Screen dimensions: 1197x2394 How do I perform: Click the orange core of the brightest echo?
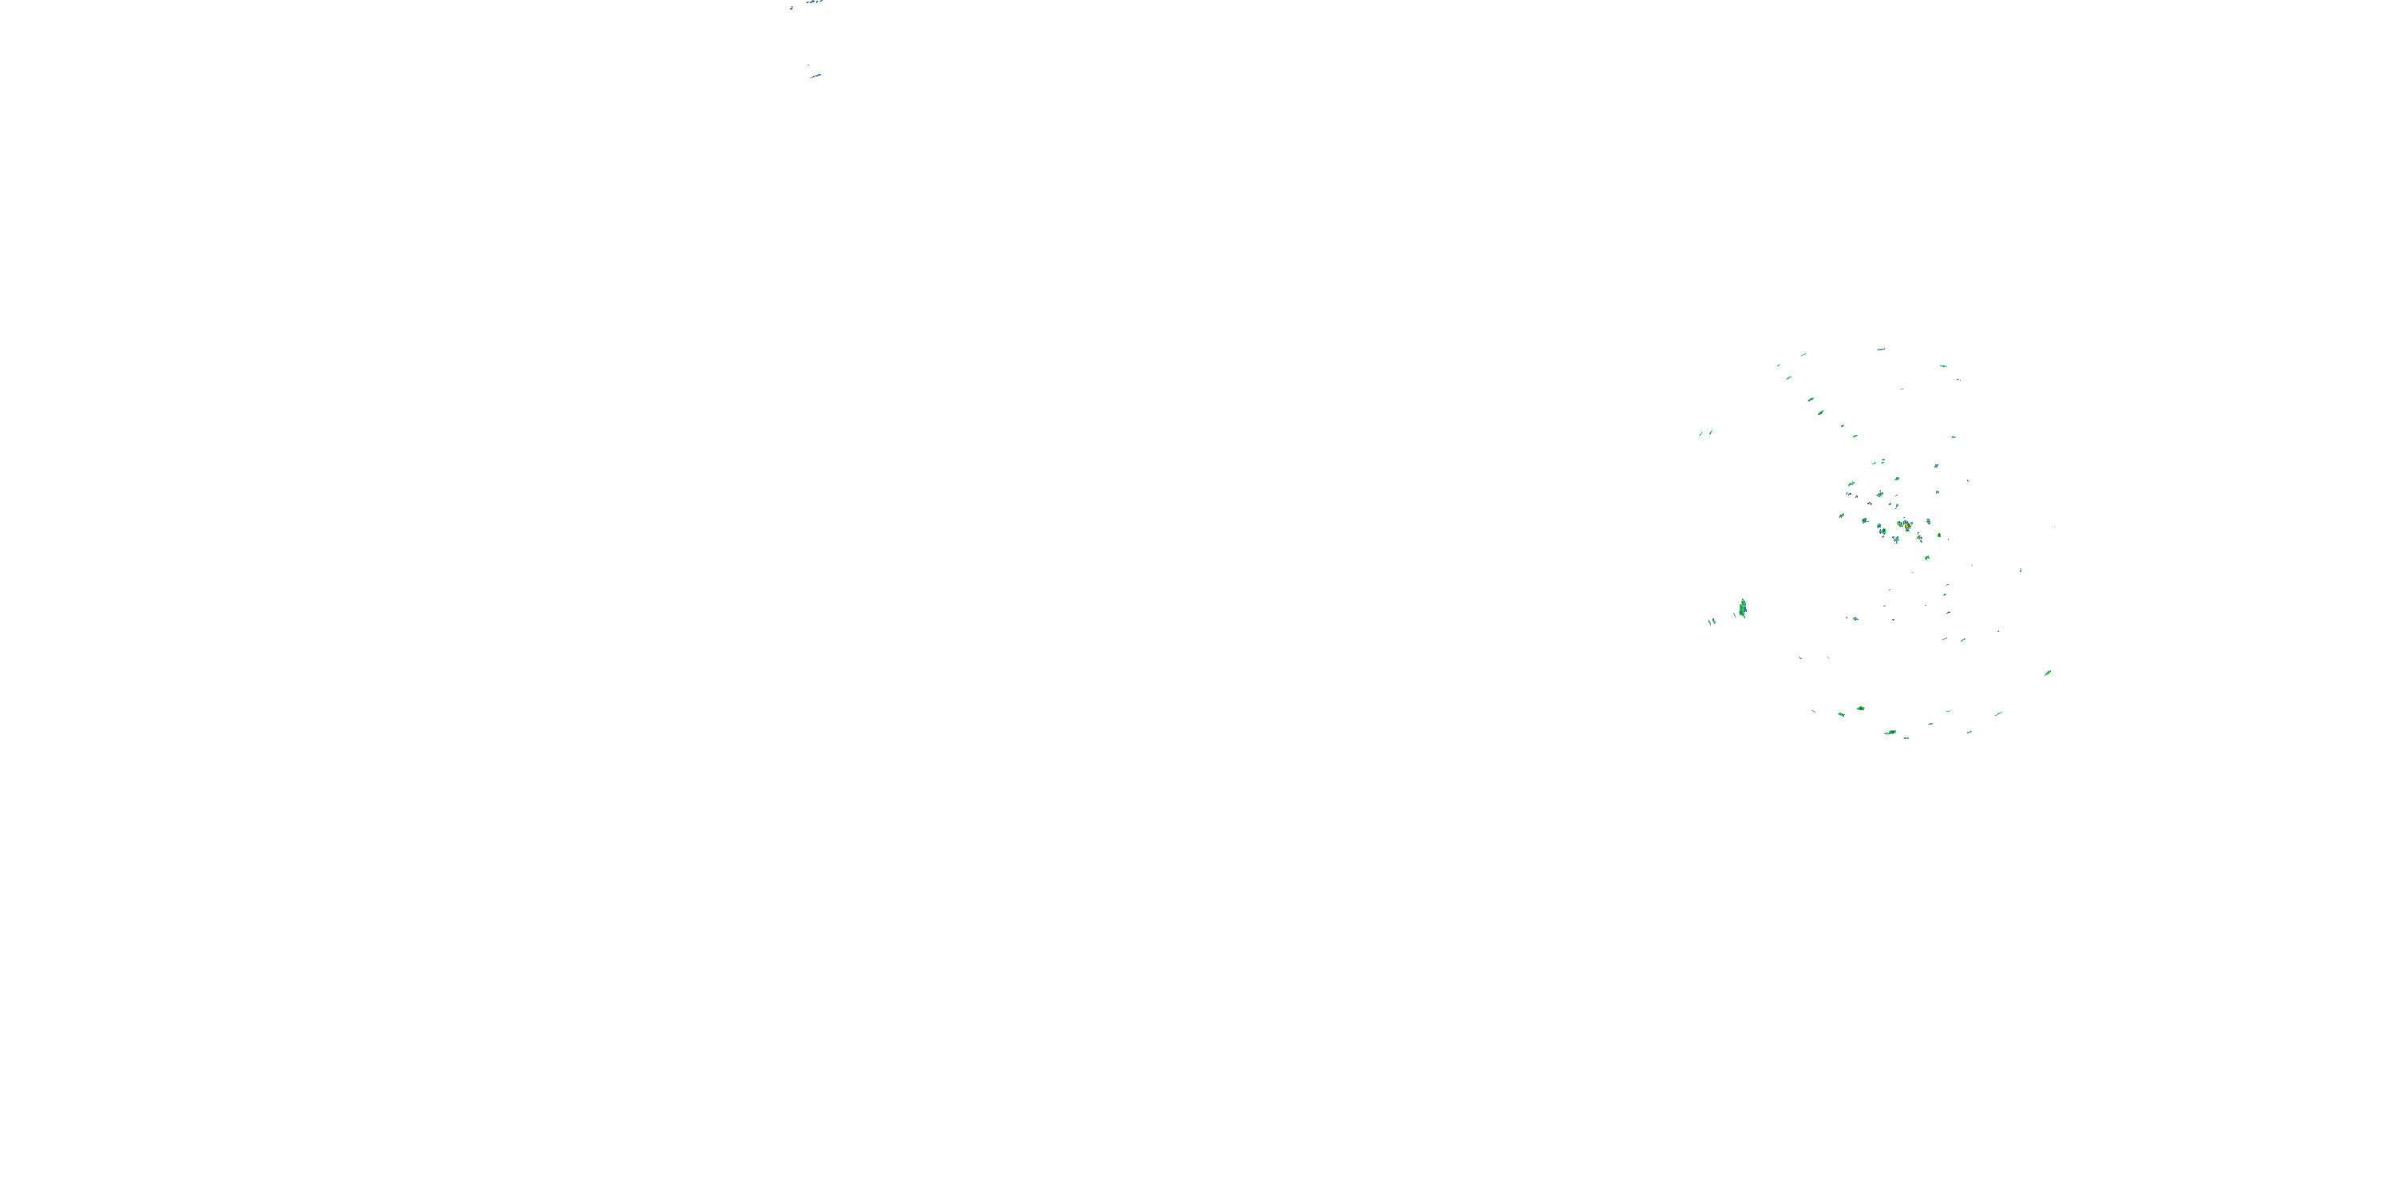1907,526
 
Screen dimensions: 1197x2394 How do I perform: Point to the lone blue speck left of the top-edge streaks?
792,7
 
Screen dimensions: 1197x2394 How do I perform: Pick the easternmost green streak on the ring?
2048,672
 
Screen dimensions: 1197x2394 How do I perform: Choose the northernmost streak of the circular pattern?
1881,350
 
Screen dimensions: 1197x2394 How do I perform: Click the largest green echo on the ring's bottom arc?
1890,733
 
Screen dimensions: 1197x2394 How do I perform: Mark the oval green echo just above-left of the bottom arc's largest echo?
1861,708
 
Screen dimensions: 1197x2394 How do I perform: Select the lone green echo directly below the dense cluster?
1926,558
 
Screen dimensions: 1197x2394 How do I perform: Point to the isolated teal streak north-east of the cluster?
1953,437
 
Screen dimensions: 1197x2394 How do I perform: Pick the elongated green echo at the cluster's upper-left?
1851,484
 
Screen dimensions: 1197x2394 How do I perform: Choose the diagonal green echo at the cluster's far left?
1842,516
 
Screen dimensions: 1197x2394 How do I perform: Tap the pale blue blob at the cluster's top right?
1936,465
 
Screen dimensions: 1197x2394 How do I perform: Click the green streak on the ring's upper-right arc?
1943,366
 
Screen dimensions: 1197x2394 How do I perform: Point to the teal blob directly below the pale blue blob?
1937,492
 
